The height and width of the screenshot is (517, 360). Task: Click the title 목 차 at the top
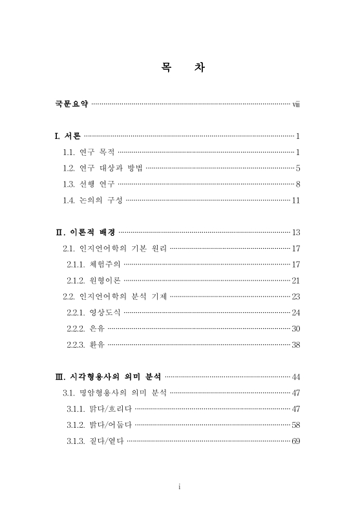coord(182,67)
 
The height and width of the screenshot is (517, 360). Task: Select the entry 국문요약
coord(71,103)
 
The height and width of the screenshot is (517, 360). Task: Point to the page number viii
coord(296,103)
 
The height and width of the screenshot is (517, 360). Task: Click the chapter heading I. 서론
coord(68,136)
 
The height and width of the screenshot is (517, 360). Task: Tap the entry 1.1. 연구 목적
coord(88,153)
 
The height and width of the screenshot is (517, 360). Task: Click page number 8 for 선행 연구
coord(298,184)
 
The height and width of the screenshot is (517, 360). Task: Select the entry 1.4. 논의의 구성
coord(92,200)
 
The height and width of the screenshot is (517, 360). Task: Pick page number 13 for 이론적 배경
coord(296,232)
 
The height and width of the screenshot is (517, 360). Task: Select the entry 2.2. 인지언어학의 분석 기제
coord(114,297)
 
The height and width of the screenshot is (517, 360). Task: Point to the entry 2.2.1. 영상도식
coord(93,313)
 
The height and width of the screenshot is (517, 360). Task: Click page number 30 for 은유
coord(296,329)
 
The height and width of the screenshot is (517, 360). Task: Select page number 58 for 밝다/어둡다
coord(296,425)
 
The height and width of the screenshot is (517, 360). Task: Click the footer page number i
coord(180,487)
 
